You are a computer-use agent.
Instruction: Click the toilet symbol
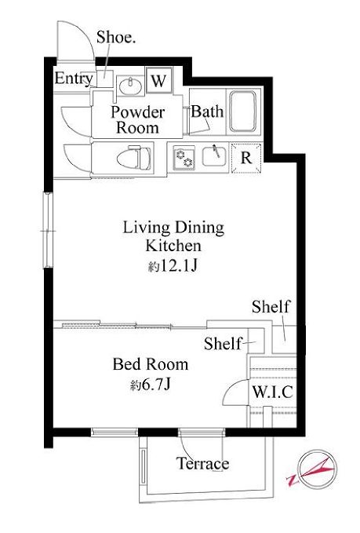[x=134, y=157]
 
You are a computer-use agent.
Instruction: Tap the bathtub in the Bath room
[x=242, y=111]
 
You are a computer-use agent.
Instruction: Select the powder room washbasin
[x=130, y=86]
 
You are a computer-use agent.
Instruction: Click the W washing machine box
[x=158, y=80]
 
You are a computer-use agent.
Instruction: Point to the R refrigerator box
[x=246, y=158]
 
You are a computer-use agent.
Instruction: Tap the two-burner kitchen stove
[x=184, y=158]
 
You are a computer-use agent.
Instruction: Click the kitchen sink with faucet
[x=216, y=156]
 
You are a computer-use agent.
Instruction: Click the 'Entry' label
[x=74, y=78]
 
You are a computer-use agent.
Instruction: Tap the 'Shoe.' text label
[x=116, y=37]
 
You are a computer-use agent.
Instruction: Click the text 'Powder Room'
[x=137, y=120]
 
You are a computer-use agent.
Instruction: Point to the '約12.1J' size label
[x=173, y=266]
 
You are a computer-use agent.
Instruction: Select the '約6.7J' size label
[x=150, y=385]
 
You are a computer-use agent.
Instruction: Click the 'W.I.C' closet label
[x=272, y=392]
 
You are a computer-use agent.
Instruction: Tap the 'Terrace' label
[x=202, y=463]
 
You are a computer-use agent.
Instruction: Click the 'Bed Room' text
[x=151, y=364]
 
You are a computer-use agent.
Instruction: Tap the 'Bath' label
[x=207, y=111]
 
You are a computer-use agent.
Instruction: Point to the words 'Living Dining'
[x=173, y=228]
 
